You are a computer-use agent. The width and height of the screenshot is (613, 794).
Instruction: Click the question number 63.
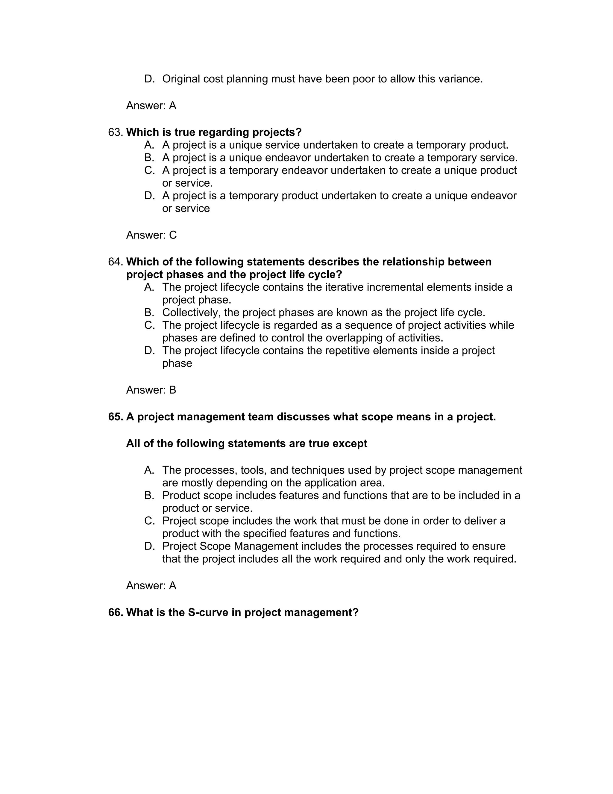pos(115,132)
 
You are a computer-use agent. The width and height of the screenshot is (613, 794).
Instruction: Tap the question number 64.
pos(115,262)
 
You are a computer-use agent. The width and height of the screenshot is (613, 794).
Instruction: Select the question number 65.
pos(116,417)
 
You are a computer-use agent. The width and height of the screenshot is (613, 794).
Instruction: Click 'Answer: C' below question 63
pos(151,235)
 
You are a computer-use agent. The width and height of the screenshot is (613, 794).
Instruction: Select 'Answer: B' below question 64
pos(151,390)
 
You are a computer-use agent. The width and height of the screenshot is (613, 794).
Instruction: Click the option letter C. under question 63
pos(149,170)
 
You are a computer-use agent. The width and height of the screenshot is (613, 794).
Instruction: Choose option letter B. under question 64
pos(149,313)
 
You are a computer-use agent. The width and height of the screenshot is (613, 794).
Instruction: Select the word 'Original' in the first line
pos(181,79)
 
